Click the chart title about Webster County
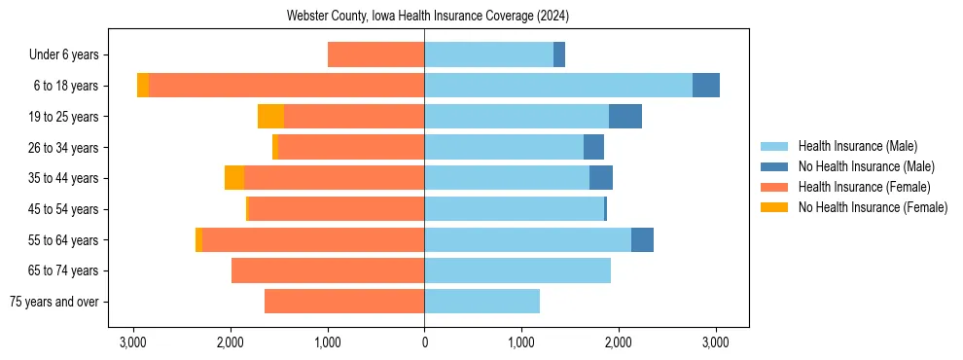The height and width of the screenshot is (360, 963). click(x=428, y=17)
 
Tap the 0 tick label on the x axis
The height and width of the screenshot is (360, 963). click(x=424, y=342)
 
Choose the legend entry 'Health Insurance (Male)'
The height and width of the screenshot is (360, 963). click(x=858, y=146)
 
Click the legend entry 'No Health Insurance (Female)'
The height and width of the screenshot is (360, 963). click(x=873, y=207)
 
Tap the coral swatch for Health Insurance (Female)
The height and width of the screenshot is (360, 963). click(x=774, y=187)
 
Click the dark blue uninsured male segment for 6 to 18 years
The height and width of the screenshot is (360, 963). click(x=706, y=86)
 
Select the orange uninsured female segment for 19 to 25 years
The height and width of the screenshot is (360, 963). click(x=270, y=117)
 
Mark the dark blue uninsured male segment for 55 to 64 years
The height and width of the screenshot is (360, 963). click(x=642, y=240)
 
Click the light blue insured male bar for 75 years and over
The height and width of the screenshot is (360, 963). click(x=481, y=302)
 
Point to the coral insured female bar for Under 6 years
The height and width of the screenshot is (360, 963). click(x=375, y=55)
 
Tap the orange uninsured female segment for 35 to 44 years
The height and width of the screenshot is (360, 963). click(x=234, y=178)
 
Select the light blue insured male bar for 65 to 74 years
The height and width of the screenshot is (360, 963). click(x=517, y=270)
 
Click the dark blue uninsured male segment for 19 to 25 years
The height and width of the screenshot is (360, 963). click(x=625, y=117)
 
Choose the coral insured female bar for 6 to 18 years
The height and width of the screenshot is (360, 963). click(x=286, y=86)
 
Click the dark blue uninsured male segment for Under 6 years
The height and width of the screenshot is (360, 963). click(x=559, y=55)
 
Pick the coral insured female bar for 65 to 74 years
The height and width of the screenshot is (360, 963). click(x=328, y=270)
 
